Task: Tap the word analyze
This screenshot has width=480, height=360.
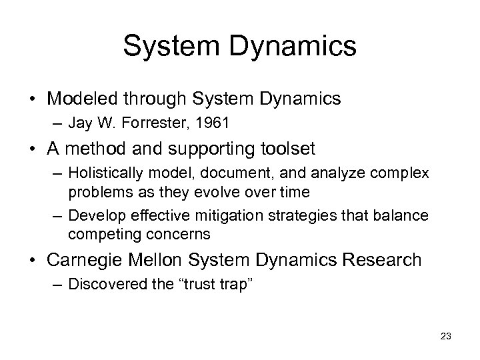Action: tap(330, 173)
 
